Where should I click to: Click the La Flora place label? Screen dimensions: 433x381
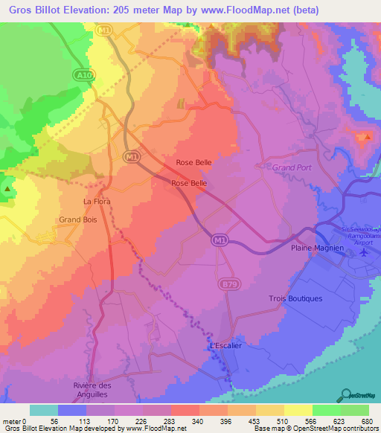pyautogui.click(x=97, y=201)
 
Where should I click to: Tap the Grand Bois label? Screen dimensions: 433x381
pyautogui.click(x=79, y=219)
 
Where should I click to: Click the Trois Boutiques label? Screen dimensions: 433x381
pyautogui.click(x=295, y=298)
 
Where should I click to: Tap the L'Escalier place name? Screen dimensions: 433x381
pyautogui.click(x=225, y=347)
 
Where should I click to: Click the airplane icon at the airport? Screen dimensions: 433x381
pyautogui.click(x=364, y=252)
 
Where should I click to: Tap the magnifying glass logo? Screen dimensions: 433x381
pyautogui.click(x=346, y=394)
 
